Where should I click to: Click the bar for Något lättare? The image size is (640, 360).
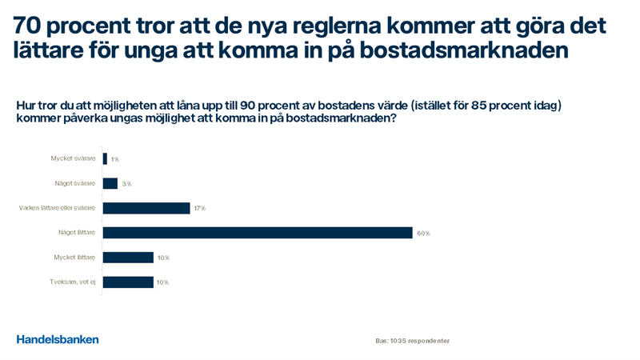tap(258, 233)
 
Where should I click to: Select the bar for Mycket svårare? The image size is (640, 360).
tap(105, 158)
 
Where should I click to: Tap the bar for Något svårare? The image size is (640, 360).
tap(110, 183)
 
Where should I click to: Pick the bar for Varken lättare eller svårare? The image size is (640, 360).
tap(146, 208)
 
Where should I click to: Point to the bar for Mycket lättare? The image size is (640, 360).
tap(128, 258)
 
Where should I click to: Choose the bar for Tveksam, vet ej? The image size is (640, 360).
tap(128, 282)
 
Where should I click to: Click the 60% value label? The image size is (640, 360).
tap(423, 234)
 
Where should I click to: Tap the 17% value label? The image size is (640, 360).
tap(199, 209)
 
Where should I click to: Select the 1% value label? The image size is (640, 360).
tap(114, 159)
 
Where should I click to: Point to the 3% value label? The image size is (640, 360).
tap(126, 184)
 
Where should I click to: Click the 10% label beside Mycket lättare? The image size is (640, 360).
tap(163, 258)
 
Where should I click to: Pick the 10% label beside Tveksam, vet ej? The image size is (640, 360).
tap(162, 283)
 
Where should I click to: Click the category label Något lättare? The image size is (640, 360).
tap(77, 233)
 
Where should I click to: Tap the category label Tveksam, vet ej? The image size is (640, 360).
tap(72, 282)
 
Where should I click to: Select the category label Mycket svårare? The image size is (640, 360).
tap(73, 158)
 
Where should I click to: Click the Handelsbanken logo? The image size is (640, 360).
tap(58, 339)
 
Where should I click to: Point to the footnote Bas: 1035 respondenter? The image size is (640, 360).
tap(412, 341)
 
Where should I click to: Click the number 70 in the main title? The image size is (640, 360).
tap(29, 26)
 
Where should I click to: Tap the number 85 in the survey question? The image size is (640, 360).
tap(474, 106)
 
